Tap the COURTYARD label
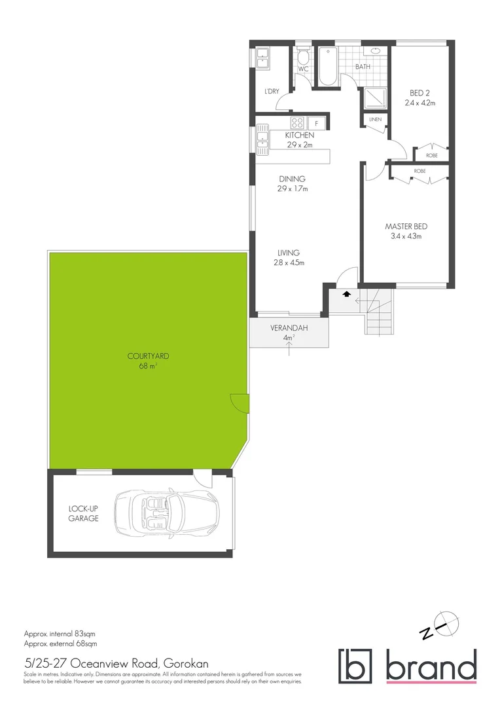click(149, 356)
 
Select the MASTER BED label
click(406, 227)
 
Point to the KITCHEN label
click(299, 135)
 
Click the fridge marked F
click(317, 122)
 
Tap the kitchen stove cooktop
click(296, 122)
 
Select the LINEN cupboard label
click(375, 120)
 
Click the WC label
click(303, 69)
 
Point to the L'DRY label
click(272, 91)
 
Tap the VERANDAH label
click(289, 328)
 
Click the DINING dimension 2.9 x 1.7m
click(293, 189)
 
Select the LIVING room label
click(288, 253)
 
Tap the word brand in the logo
click(431, 668)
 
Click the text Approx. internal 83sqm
click(60, 634)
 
